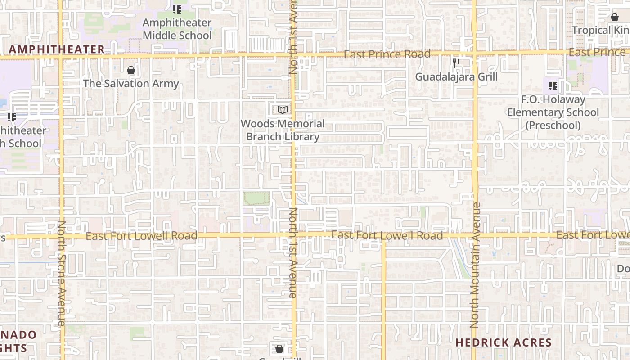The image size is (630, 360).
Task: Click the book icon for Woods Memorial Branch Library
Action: [x=283, y=110]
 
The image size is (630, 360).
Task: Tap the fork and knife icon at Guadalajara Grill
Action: [x=456, y=63]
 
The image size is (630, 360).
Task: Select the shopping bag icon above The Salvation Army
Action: [x=131, y=70]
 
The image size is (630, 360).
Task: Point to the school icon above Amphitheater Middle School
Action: [x=177, y=9]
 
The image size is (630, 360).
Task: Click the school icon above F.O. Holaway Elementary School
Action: [x=553, y=85]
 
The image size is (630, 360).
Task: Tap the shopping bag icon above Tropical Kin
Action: [x=614, y=17]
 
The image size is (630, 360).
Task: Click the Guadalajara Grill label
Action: [x=456, y=77]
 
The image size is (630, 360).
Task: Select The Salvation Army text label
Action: [x=131, y=84]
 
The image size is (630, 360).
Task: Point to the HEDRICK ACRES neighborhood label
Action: [x=504, y=342]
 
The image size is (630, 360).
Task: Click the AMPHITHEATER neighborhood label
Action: [x=57, y=49]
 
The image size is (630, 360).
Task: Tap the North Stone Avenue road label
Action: [x=62, y=273]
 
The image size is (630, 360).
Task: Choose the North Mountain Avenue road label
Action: [x=475, y=265]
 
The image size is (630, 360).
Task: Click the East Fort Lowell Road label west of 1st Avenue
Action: [x=141, y=236]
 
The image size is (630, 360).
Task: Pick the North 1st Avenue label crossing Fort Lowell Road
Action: [x=293, y=252]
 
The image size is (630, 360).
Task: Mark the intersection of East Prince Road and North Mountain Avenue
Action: [x=474, y=54]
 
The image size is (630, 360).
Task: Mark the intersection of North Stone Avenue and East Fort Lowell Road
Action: [x=61, y=236]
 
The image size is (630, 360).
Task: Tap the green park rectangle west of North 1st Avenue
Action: [x=256, y=198]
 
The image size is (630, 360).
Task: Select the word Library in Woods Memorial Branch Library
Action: [x=302, y=137]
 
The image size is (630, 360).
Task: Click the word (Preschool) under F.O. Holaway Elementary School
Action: [x=553, y=126]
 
